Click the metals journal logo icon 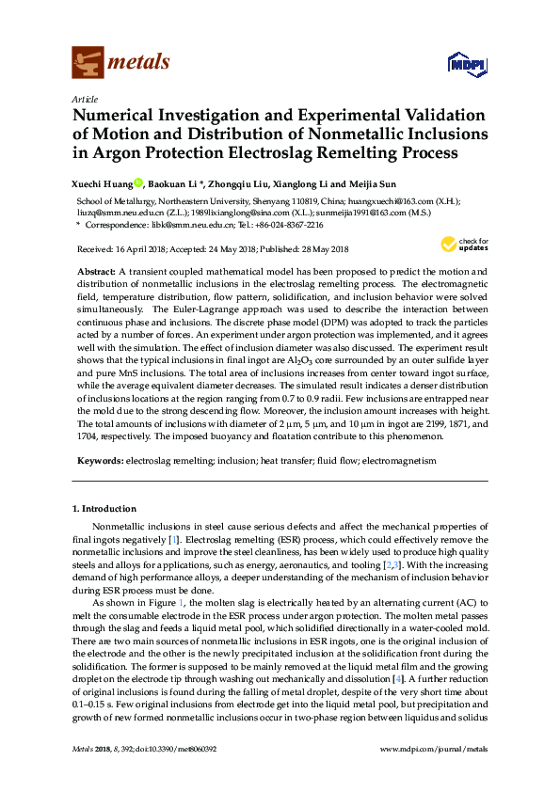(87, 63)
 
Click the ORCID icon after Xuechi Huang (137, 182)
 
